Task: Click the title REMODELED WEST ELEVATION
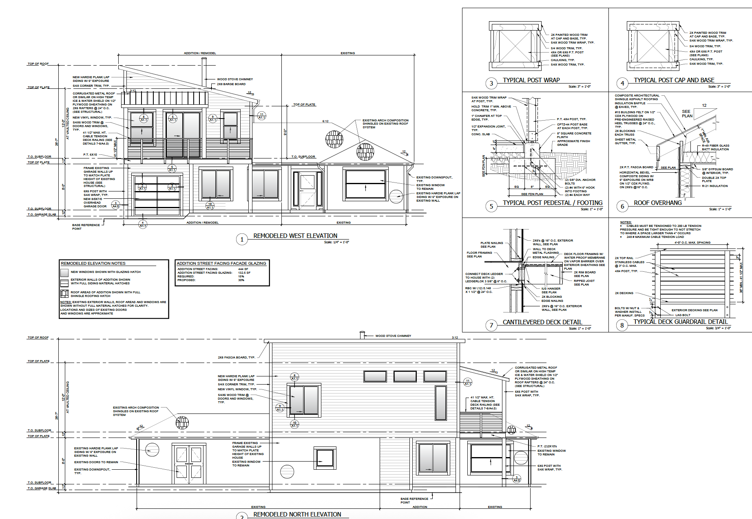[x=295, y=236]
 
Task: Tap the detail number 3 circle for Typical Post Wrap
[x=491, y=83]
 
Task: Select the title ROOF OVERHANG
[x=657, y=203]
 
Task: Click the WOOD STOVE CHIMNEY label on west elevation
[x=235, y=79]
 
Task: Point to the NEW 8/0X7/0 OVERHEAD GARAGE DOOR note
[x=95, y=202]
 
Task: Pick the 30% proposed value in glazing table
[x=241, y=280]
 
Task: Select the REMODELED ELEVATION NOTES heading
[x=93, y=264]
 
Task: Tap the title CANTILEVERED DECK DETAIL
[x=542, y=322]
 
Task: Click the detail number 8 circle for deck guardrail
[x=622, y=325]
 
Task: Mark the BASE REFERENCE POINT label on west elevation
[x=86, y=227]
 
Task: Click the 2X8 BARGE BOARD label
[x=231, y=84]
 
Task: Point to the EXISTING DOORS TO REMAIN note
[x=96, y=462]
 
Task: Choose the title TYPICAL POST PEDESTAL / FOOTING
[x=552, y=203]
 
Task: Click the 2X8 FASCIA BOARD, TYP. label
[x=236, y=358]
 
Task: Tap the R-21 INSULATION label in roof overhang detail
[x=714, y=186]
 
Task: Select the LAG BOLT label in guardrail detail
[x=683, y=315]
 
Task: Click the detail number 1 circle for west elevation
[x=242, y=239]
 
